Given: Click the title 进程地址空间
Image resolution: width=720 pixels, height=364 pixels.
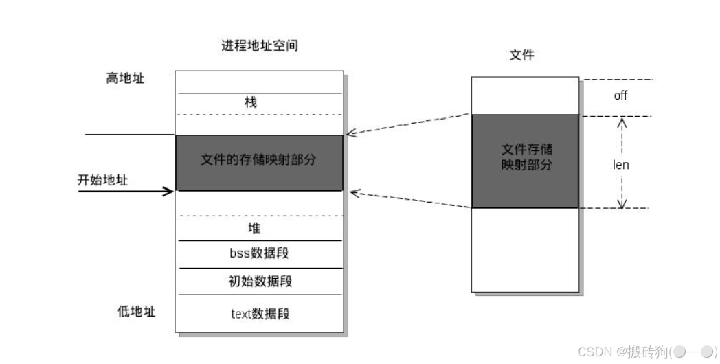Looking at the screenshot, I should (x=260, y=47).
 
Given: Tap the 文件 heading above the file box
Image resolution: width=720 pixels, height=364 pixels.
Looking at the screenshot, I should (x=521, y=55).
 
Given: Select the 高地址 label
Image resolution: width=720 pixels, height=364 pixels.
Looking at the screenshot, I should (x=125, y=78).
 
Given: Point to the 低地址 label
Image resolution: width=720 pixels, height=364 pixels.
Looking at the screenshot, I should (x=136, y=311).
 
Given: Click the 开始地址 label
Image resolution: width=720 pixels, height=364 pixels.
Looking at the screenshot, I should (x=103, y=181).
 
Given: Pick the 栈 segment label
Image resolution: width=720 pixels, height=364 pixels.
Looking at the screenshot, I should (x=251, y=102).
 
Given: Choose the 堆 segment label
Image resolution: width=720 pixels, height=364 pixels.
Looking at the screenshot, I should (x=254, y=228).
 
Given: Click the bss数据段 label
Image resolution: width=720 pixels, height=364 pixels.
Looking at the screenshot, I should (x=259, y=253).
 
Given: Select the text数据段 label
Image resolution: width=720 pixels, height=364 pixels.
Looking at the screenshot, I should (x=260, y=314).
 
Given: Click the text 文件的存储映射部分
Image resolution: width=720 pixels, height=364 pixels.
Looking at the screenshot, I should (x=259, y=160).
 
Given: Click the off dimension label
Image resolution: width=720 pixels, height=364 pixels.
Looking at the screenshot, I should (x=620, y=96).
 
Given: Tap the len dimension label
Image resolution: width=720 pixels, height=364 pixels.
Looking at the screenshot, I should (x=620, y=165).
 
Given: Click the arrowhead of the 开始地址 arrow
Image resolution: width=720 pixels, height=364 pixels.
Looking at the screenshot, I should (x=169, y=191).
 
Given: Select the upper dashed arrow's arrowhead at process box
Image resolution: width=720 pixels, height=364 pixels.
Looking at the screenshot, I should (x=350, y=133).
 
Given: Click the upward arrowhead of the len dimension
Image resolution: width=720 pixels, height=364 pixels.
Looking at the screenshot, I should (x=622, y=122).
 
